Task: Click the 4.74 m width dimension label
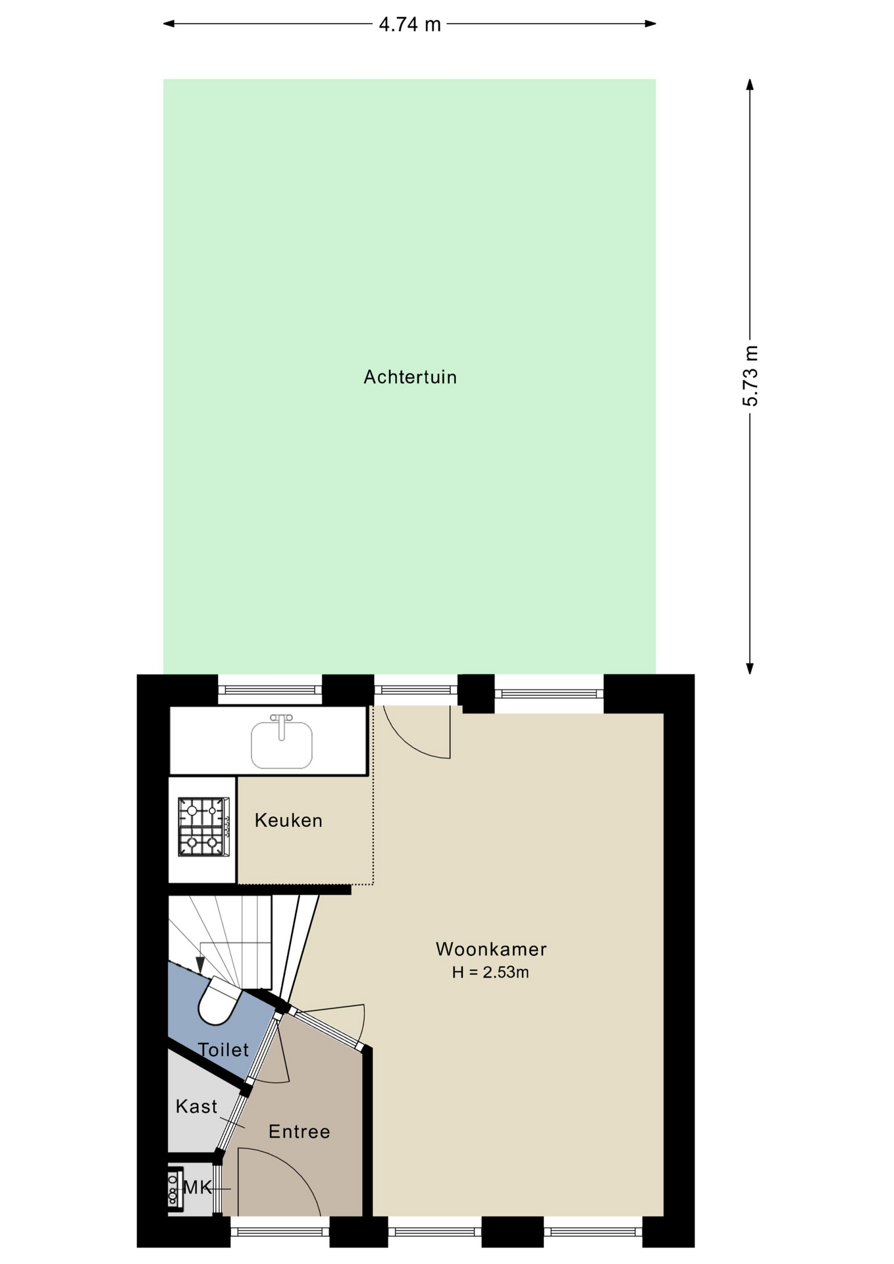[409, 24]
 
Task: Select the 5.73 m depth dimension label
[750, 376]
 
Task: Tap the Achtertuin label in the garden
[410, 377]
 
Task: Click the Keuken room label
[288, 820]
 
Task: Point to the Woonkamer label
[491, 949]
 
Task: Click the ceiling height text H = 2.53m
[490, 972]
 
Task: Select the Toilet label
[224, 1050]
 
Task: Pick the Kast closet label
[196, 1107]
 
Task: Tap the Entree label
[300, 1132]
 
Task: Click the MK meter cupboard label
[197, 1188]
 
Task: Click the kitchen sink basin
[282, 745]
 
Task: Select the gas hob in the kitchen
[204, 827]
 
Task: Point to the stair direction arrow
[200, 965]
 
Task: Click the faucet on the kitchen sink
[282, 726]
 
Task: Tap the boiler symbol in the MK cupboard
[174, 1189]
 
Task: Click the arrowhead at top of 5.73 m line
[750, 84]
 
